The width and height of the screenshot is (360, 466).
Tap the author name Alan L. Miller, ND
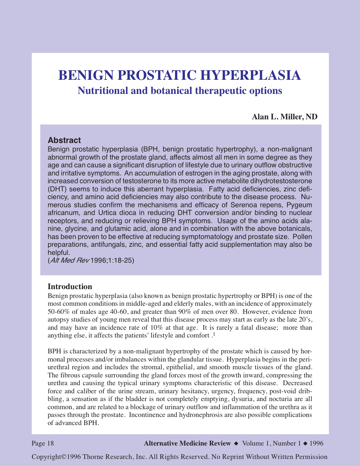[284, 117]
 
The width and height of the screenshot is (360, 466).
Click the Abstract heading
[64, 140]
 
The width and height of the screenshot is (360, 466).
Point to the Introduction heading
[70, 286]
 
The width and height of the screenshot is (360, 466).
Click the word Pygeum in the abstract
[299, 205]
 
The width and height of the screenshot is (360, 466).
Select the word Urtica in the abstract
[108, 213]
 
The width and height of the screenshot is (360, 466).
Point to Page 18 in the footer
[43, 443]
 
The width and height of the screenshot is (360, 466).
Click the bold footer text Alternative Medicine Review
[187, 443]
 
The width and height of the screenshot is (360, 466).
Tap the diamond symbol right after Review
[236, 444]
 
